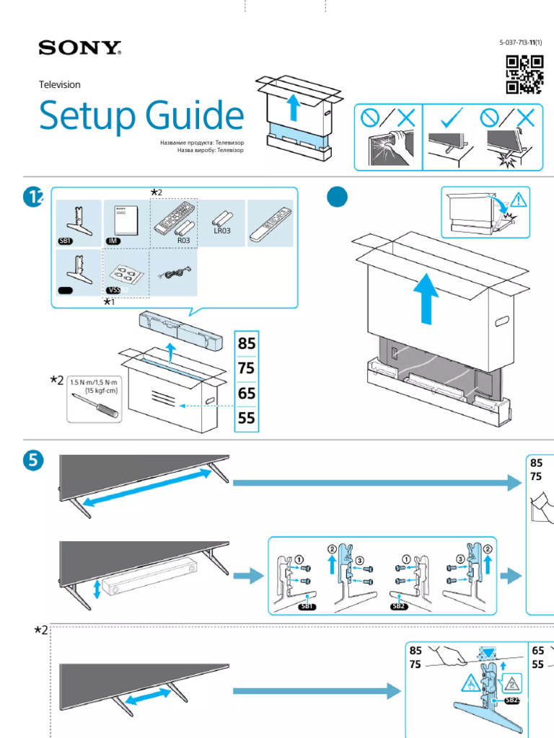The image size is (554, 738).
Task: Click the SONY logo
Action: pyautogui.click(x=79, y=49)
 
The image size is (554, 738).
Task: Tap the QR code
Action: pyautogui.click(x=524, y=74)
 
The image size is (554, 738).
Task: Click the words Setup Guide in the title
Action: pyautogui.click(x=141, y=116)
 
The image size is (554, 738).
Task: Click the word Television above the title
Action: pyautogui.click(x=59, y=84)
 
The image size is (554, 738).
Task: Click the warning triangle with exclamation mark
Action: pyautogui.click(x=520, y=199)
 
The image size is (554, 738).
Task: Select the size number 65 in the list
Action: pyautogui.click(x=247, y=393)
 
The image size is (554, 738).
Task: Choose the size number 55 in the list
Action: pyautogui.click(x=247, y=418)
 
